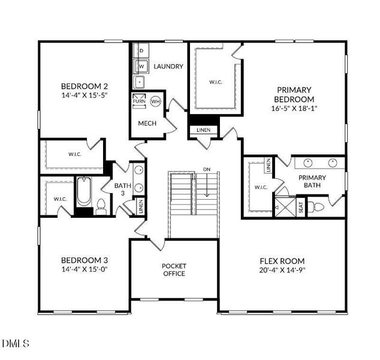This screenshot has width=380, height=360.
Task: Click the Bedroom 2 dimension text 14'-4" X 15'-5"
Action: click(x=85, y=95)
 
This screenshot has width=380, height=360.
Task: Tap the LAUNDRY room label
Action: click(x=168, y=66)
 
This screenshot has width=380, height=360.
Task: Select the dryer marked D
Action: click(x=141, y=51)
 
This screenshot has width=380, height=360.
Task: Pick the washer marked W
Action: click(x=141, y=66)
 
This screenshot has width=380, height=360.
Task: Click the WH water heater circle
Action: click(x=155, y=101)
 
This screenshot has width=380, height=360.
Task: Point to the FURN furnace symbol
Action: click(x=139, y=100)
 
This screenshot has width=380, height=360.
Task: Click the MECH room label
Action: click(x=147, y=123)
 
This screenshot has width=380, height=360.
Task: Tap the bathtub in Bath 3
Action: click(x=84, y=192)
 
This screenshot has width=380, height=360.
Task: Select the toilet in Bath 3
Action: click(x=101, y=206)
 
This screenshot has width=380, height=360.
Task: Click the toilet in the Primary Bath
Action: click(x=316, y=207)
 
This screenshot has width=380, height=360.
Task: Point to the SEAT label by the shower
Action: click(x=301, y=208)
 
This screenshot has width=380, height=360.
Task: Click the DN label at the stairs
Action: click(x=207, y=169)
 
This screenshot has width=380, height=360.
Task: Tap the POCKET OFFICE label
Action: click(x=174, y=270)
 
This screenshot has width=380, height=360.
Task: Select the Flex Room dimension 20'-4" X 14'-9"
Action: click(x=282, y=270)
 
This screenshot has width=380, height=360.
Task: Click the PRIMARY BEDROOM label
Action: click(x=294, y=95)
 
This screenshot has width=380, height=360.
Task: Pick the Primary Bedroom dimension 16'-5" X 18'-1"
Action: click(x=294, y=108)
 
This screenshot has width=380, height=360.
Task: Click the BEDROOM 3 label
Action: click(x=85, y=260)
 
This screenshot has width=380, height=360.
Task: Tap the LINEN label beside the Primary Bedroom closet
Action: click(x=204, y=130)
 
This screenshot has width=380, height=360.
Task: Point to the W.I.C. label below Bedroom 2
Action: click(x=75, y=154)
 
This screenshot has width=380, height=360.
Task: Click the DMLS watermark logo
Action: click(x=16, y=343)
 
